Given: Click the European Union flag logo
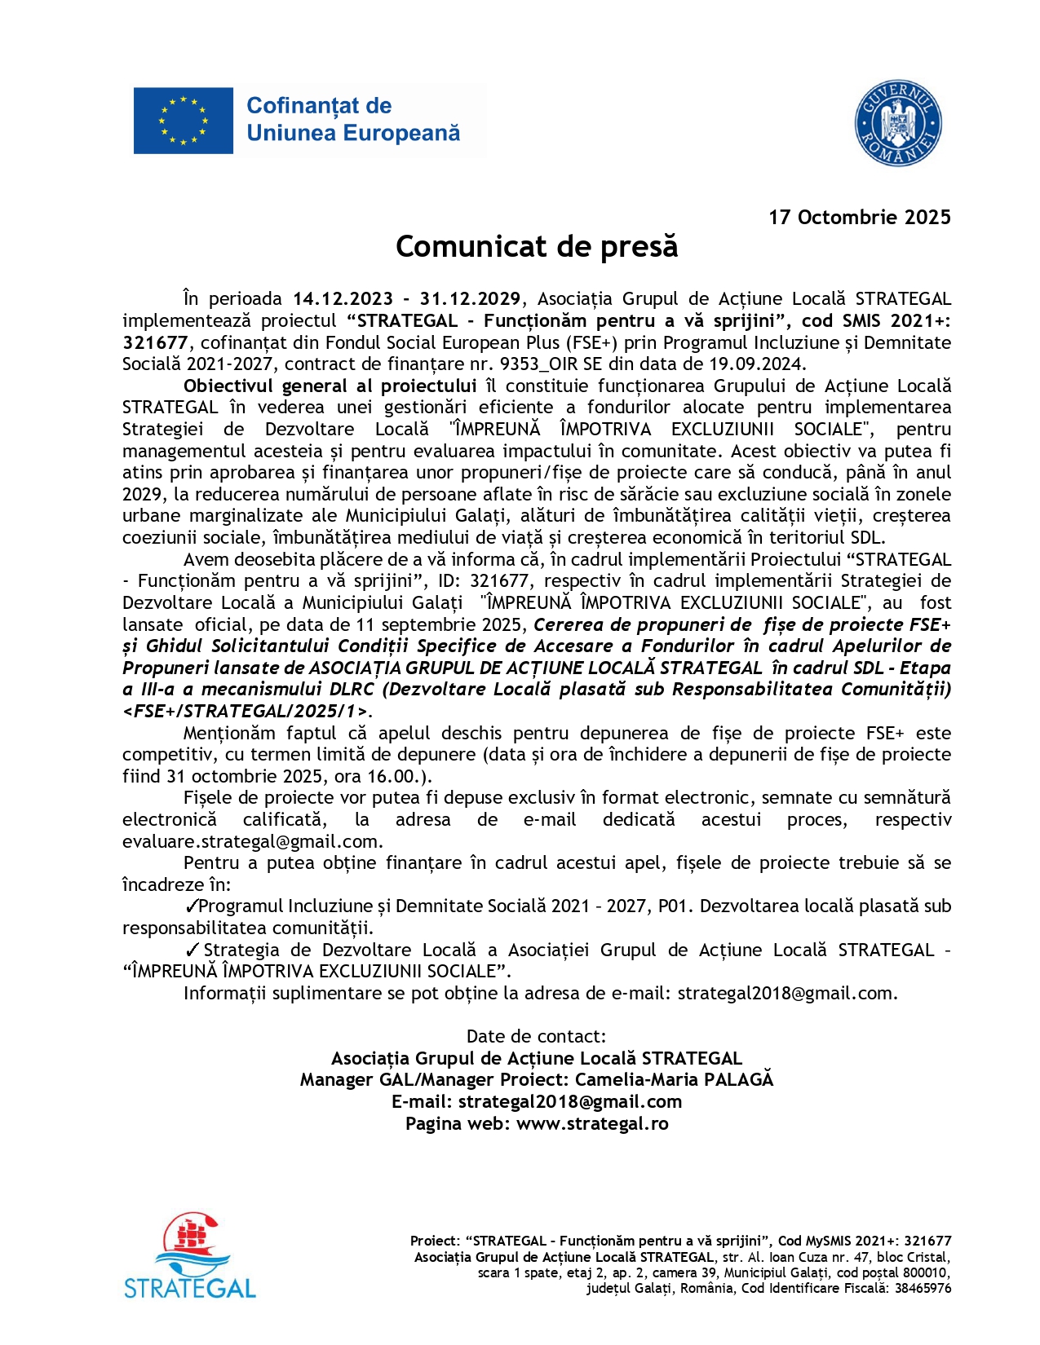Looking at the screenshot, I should click(184, 121).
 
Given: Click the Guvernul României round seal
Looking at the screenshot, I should click(898, 124).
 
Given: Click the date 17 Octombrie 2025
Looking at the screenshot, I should click(859, 218).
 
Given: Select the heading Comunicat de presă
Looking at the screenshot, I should click(537, 247).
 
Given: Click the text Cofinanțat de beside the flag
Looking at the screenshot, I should click(319, 106).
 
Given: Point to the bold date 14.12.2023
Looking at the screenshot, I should click(343, 299).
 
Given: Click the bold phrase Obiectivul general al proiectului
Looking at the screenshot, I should click(330, 386).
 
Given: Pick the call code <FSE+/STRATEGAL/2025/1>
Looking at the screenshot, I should click(246, 711).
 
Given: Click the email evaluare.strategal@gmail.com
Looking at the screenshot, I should click(252, 841).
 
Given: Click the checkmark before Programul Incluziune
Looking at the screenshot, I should click(192, 906).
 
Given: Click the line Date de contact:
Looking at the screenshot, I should click(536, 1037).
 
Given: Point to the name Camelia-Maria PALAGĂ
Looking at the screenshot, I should click(674, 1080).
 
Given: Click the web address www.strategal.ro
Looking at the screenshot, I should click(592, 1123).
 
